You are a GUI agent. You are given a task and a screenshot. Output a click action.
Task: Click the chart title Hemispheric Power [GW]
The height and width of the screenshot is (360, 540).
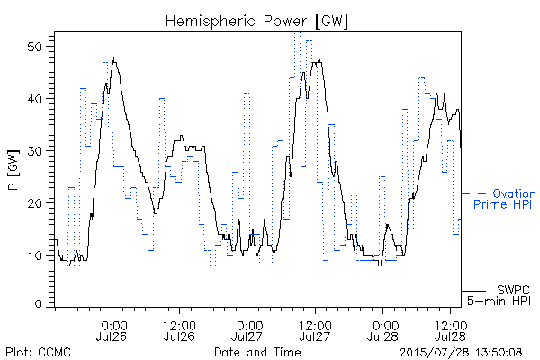(x=256, y=22)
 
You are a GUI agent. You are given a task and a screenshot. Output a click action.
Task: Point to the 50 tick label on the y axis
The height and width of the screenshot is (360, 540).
(x=36, y=47)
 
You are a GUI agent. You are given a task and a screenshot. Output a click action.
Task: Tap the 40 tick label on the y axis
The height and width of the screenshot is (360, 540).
(x=36, y=99)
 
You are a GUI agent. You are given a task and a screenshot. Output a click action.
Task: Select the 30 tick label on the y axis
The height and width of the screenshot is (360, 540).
(x=36, y=151)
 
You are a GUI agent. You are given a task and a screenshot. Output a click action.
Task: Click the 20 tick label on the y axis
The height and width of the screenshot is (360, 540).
(x=36, y=202)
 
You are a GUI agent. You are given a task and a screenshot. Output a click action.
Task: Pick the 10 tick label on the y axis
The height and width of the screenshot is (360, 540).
(x=36, y=256)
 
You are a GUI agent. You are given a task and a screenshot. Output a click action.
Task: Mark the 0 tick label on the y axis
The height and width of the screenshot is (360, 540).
(x=39, y=304)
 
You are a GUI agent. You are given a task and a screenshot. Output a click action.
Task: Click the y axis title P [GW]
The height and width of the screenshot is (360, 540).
(x=13, y=169)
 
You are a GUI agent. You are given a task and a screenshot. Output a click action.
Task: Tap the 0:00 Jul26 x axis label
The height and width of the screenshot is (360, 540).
(x=112, y=330)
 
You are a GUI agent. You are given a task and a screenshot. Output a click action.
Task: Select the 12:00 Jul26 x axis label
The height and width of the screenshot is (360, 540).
(x=179, y=330)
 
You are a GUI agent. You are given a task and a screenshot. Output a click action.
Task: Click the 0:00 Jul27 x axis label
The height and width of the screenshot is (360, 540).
(x=247, y=330)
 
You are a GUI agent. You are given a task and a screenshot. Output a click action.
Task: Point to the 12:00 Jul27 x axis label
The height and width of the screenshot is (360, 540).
(x=315, y=330)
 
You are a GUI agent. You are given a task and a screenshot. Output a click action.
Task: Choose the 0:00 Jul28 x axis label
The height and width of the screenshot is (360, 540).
(x=382, y=330)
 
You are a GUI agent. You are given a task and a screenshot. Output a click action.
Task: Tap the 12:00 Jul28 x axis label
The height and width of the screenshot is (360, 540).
(x=451, y=330)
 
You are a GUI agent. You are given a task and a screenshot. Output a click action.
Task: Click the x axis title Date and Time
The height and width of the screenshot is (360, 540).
(x=257, y=352)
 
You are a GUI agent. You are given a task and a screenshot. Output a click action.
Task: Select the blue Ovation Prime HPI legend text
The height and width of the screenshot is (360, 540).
(x=505, y=199)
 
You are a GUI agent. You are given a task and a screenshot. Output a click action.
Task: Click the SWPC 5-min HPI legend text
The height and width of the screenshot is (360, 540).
(x=499, y=295)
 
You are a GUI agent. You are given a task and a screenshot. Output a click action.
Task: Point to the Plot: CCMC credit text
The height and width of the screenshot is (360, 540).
(x=38, y=352)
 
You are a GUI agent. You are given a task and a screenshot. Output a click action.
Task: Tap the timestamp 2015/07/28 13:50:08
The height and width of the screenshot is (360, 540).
(x=461, y=353)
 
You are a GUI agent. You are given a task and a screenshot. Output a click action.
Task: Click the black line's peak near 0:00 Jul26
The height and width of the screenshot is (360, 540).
(x=114, y=58)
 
